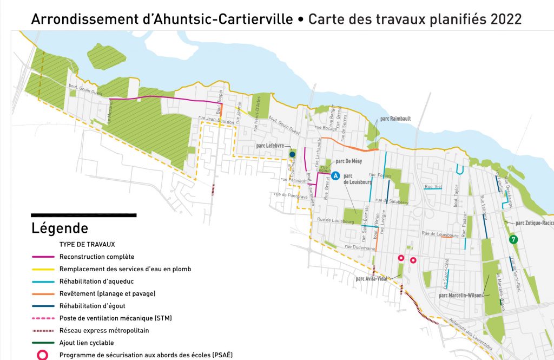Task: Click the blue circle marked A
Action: [x=335, y=176]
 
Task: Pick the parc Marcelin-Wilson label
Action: [x=461, y=296]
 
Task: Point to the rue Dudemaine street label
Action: [x=359, y=248]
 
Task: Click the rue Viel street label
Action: [x=433, y=187]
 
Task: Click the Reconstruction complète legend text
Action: [x=97, y=257]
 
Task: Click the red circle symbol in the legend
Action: [x=43, y=355]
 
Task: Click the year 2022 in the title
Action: [x=506, y=19]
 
